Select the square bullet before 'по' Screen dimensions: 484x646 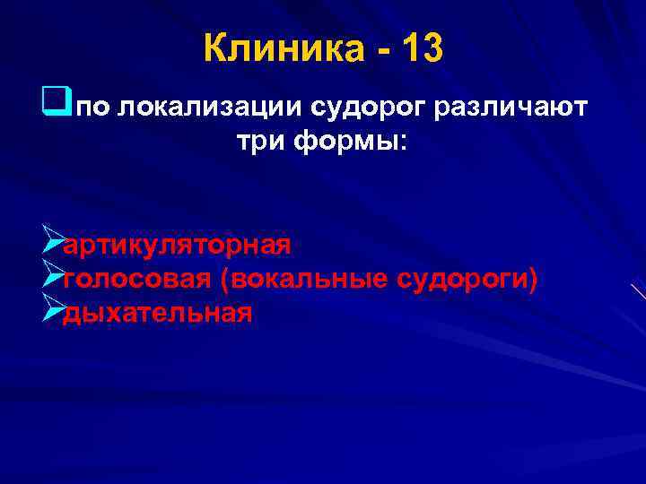(x=62, y=108)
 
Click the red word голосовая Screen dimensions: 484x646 (x=135, y=280)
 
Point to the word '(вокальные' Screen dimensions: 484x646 (x=300, y=280)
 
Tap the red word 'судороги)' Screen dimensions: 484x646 (x=467, y=280)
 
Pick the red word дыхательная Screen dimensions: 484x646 (x=157, y=314)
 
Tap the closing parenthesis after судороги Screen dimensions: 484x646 (x=534, y=281)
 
